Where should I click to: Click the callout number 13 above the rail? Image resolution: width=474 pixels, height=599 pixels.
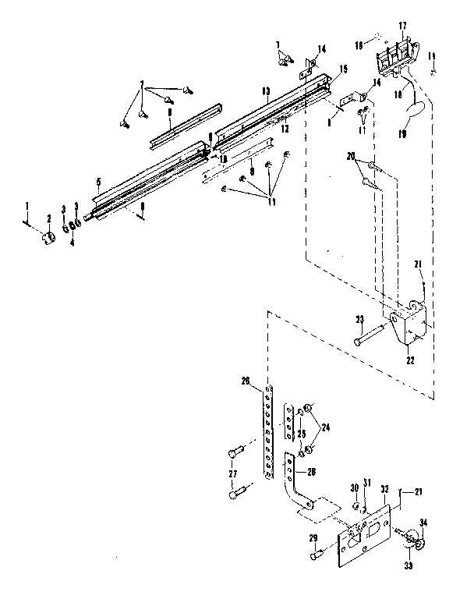point(266,91)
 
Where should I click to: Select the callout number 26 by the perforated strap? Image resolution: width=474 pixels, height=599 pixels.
point(246,381)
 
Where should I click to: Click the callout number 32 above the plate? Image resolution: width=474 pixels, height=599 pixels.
point(384,488)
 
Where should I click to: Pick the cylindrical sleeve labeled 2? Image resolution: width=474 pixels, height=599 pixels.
point(47,236)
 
